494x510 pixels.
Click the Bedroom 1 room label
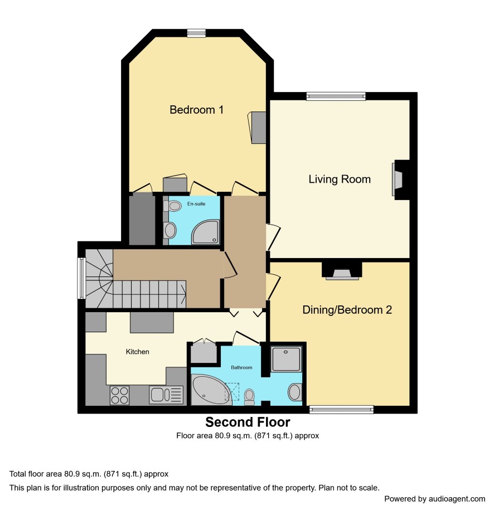click(x=197, y=110)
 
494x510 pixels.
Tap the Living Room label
click(x=340, y=179)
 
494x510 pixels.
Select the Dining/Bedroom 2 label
click(x=347, y=310)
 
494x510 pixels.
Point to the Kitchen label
click(x=137, y=352)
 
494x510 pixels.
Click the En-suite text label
click(x=196, y=204)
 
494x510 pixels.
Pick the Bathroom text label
click(x=241, y=367)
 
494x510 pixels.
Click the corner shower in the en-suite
click(x=205, y=232)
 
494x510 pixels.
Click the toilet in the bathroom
click(x=250, y=397)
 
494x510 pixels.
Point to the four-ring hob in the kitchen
click(x=119, y=395)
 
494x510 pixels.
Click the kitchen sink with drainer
click(x=166, y=395)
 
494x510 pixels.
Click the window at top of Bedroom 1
click(x=197, y=33)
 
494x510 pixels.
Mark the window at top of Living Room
click(x=336, y=96)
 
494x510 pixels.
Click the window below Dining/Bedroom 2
click(x=341, y=410)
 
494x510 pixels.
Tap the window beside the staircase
click(x=81, y=278)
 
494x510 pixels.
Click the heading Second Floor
click(x=248, y=422)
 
